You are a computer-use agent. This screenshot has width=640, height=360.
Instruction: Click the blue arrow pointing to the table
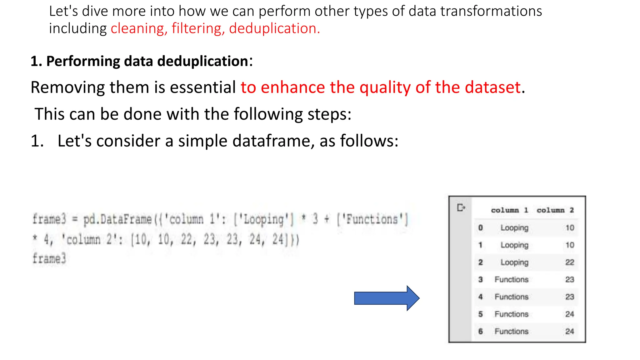[x=386, y=298]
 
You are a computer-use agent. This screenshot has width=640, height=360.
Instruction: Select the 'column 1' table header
[x=509, y=210]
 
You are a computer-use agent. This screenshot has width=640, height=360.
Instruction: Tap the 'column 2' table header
[x=555, y=210]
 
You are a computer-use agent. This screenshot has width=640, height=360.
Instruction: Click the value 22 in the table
[x=569, y=262]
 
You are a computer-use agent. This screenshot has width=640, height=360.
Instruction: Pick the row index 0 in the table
[x=480, y=228]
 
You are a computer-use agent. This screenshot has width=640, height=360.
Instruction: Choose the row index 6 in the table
[x=480, y=331]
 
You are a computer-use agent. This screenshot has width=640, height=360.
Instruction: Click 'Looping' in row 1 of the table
[x=514, y=245]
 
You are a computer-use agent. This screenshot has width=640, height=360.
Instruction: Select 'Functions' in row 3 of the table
[x=511, y=279]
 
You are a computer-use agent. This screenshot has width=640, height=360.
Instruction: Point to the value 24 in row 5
[x=569, y=314]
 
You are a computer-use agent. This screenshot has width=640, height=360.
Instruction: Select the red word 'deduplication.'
[x=274, y=28]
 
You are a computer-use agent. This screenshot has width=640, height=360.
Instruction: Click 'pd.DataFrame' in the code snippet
[x=117, y=219]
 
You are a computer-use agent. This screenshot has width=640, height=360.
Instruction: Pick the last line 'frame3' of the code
[x=49, y=258]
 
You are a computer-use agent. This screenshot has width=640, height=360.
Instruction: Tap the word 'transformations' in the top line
[x=491, y=11]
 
